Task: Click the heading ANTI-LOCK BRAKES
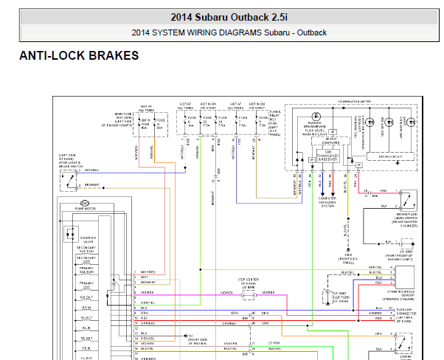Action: coord(79,56)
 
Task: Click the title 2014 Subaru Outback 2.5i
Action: coord(221,17)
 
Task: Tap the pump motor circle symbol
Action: coord(84,202)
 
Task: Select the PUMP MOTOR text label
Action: coord(85,210)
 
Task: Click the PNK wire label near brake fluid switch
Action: coord(383,191)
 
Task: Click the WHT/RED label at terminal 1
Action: coord(147,272)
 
